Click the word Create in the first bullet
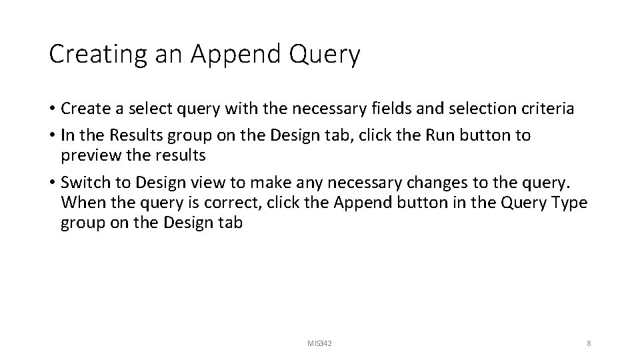point(83,109)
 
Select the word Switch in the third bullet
point(83,182)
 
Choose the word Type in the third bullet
point(568,202)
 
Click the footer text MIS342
point(319,343)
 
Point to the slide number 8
point(589,343)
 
